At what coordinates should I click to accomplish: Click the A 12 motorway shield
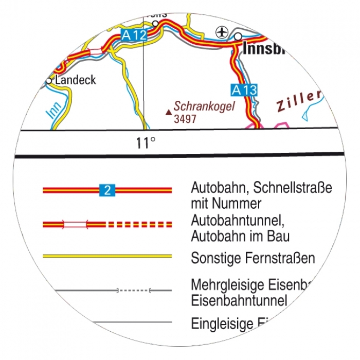click(135, 35)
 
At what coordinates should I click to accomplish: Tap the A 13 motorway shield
click(244, 90)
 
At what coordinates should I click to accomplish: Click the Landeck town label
click(76, 80)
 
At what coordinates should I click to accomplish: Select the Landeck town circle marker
click(49, 81)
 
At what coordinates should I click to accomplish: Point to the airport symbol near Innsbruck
click(221, 32)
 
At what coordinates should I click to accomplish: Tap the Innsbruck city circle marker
click(238, 37)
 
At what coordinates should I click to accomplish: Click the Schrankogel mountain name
click(204, 106)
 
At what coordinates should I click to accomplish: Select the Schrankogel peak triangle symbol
click(168, 111)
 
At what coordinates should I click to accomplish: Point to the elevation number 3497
click(186, 119)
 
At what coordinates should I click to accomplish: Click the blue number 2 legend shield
click(107, 190)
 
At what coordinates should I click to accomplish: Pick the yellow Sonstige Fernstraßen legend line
click(107, 256)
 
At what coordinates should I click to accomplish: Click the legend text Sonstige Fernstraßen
click(253, 258)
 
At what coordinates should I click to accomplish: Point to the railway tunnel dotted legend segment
click(134, 291)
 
